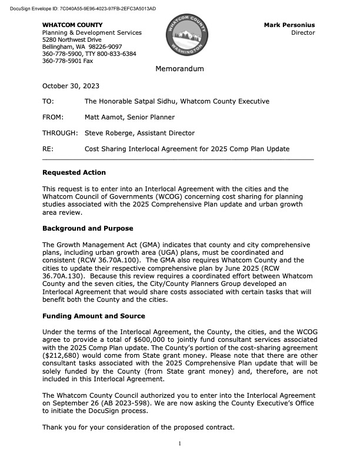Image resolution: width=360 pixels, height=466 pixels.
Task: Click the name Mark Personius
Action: coord(289,25)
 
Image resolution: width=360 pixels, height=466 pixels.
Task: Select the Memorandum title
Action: coord(179,69)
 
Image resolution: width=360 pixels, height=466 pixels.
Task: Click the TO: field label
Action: coord(49,101)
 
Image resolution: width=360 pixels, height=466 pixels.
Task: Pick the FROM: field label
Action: coord(53,117)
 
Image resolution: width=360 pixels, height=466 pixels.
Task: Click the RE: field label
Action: coord(48,149)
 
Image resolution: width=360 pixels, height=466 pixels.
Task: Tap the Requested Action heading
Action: coord(74,173)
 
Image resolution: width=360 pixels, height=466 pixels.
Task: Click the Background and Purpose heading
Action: coord(88,228)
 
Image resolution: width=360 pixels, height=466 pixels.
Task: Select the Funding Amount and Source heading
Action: coord(94,315)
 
